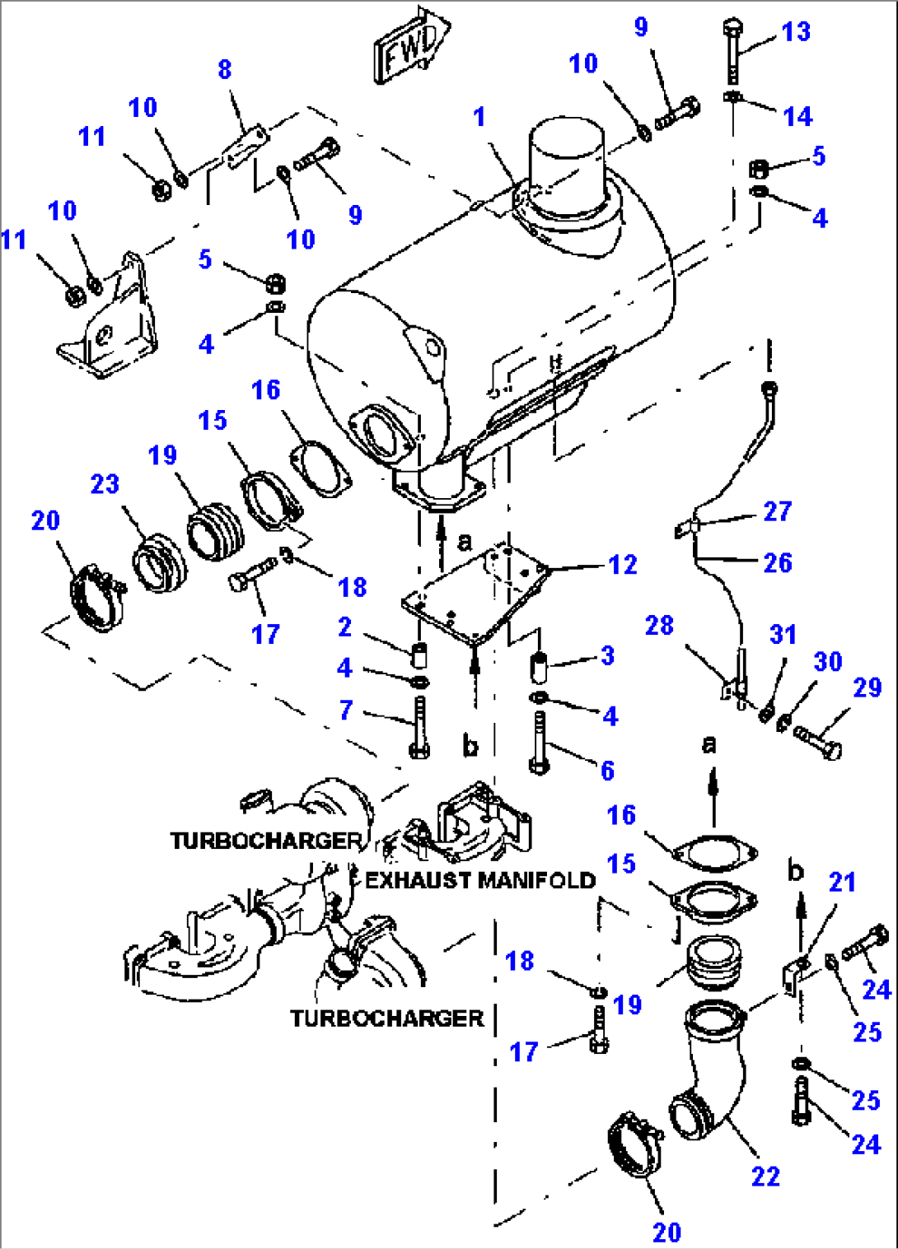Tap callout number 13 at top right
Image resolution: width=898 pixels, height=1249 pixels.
[x=796, y=32]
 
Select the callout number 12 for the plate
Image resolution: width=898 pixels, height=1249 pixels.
[x=623, y=565]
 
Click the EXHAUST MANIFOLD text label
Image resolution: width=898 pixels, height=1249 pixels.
[x=480, y=880]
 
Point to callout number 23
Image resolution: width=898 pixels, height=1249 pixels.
[x=105, y=484]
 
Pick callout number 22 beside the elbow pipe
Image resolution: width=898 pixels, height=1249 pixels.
[x=765, y=1176]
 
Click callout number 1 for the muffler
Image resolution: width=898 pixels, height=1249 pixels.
[x=479, y=117]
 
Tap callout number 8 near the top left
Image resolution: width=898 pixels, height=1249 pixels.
[x=225, y=70]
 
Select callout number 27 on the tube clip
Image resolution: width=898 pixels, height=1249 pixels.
[x=777, y=511]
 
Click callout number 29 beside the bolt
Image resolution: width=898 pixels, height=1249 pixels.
[x=867, y=687]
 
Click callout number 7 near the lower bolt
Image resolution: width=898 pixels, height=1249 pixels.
[x=346, y=710]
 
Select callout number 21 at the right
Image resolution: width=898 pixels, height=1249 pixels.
[x=842, y=882]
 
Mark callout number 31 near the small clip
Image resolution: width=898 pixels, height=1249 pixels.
[x=783, y=634]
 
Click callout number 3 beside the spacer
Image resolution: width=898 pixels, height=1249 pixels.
[x=607, y=655]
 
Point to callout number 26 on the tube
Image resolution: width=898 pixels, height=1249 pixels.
[x=777, y=563]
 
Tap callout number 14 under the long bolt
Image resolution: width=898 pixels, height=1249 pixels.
[x=797, y=116]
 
